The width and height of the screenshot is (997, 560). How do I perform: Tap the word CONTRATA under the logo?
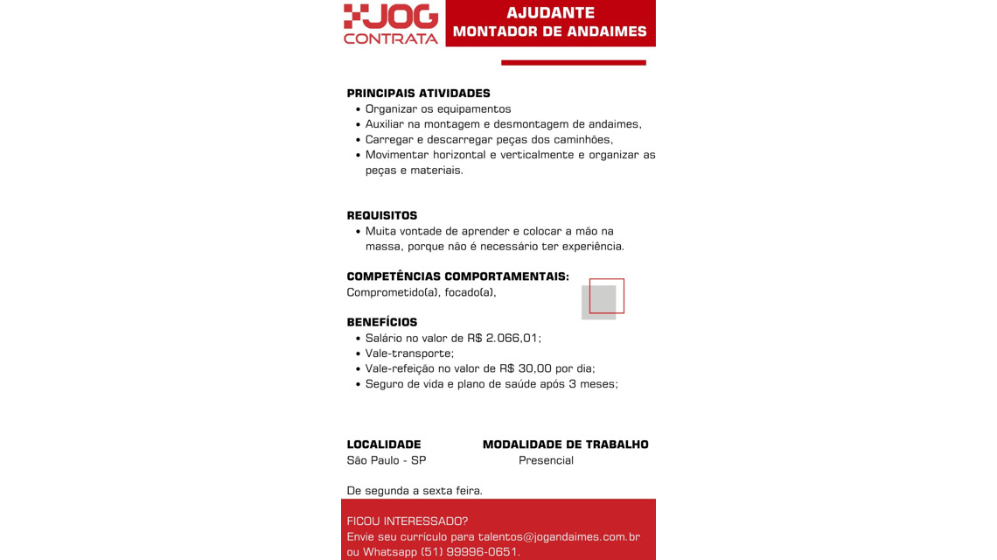point(391,38)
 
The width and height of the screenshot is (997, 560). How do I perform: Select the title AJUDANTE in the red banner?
point(550,13)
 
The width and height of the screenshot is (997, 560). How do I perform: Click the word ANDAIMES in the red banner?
point(606,32)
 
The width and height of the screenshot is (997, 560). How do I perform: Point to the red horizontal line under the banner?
point(573,62)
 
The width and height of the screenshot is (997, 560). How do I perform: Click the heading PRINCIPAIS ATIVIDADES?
point(418,94)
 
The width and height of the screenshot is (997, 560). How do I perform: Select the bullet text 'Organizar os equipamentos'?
point(438,109)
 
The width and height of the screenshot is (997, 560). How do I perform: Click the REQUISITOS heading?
point(382,216)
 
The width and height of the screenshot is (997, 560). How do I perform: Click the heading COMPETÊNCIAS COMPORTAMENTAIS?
point(457,276)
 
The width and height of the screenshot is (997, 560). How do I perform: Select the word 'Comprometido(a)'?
point(393,292)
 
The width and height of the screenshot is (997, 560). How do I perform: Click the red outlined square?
point(607,296)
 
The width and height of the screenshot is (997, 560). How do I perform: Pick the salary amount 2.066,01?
point(513,338)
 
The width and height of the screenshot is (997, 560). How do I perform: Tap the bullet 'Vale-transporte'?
point(409,353)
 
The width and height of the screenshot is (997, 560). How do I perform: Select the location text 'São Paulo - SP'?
point(387,460)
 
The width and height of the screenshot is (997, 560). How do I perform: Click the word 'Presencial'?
point(546,460)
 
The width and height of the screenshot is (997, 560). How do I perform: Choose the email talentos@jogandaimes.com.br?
point(559,536)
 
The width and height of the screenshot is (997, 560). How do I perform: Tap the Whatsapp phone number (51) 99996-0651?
point(471,552)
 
